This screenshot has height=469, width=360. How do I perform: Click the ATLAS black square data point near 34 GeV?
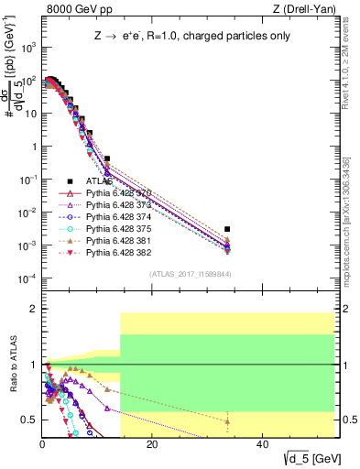pos(227,229)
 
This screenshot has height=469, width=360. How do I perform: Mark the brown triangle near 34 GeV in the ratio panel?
pos(227,421)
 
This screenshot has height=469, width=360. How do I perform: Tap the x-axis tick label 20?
pos(152,445)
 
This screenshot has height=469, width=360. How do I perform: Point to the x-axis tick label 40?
pos(262,445)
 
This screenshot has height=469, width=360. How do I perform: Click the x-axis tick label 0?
pos(42,445)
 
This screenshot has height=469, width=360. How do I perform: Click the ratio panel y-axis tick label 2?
pos(34,309)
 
